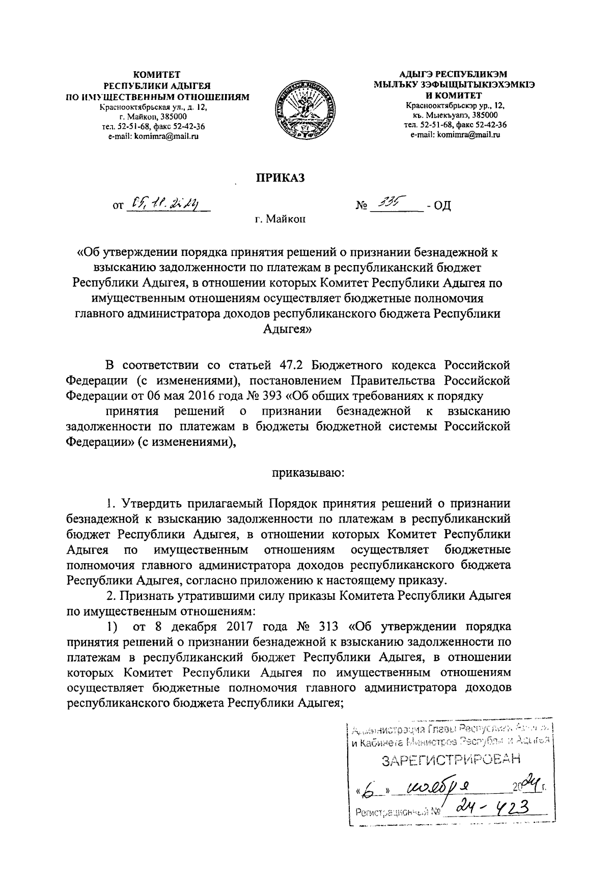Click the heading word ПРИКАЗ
tap(279, 177)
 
